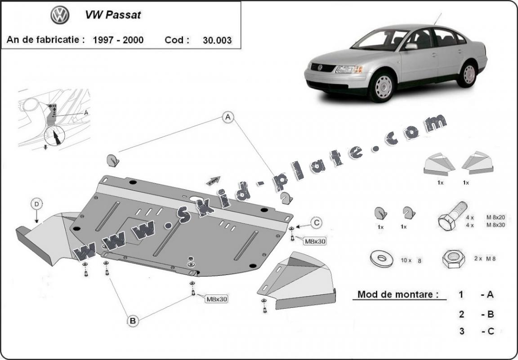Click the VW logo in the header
[x=59, y=15]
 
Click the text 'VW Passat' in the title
[x=113, y=15]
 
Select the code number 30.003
[x=217, y=40]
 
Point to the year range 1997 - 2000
[x=118, y=40]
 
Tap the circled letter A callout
[x=228, y=118]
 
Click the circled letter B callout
[x=133, y=321]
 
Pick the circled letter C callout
[x=317, y=222]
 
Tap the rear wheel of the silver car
[x=468, y=75]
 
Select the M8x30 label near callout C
[x=315, y=241]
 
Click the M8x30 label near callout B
[x=216, y=299]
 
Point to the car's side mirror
[x=411, y=46]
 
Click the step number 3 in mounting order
[x=461, y=331]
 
